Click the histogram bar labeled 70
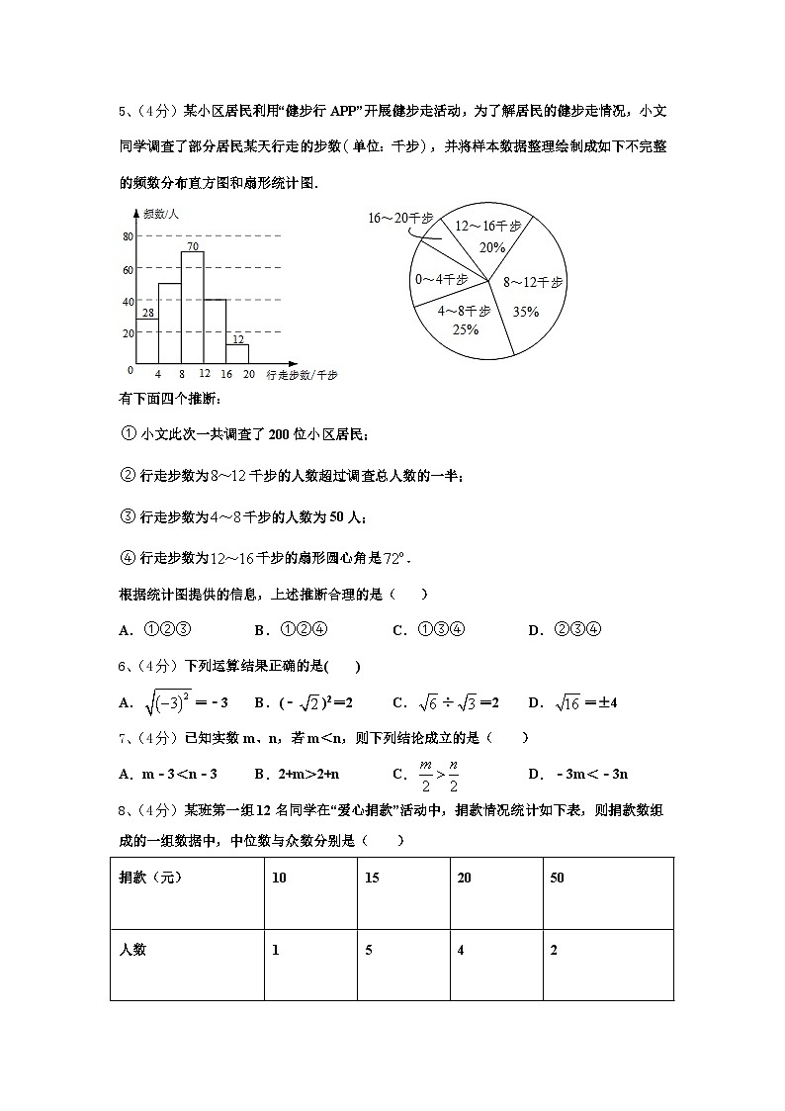(x=192, y=307)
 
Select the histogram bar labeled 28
(x=147, y=341)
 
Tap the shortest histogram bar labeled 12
(x=237, y=353)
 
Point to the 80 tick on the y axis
(x=128, y=236)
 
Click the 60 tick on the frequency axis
(x=128, y=269)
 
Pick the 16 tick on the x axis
(x=226, y=374)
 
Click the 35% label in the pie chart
(x=526, y=312)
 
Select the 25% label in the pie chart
(x=465, y=329)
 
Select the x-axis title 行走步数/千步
(x=302, y=375)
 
